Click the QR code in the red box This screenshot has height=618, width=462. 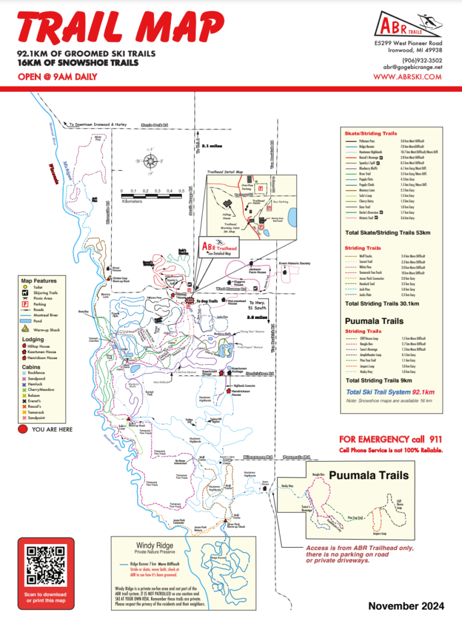coord(46,566)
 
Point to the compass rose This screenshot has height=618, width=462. coord(152,161)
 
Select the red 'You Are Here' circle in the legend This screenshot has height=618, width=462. coord(23,429)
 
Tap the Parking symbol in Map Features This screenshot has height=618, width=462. coord(25,304)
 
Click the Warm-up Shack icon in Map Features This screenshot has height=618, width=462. coord(25,330)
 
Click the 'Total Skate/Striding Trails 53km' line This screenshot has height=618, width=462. coord(387,232)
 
